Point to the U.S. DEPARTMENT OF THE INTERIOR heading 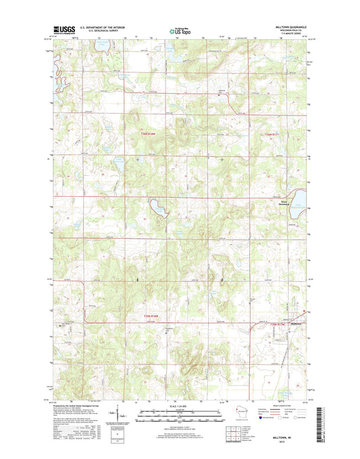coord(104,28)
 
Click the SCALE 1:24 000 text coord(179,406)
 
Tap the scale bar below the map coord(179,413)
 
